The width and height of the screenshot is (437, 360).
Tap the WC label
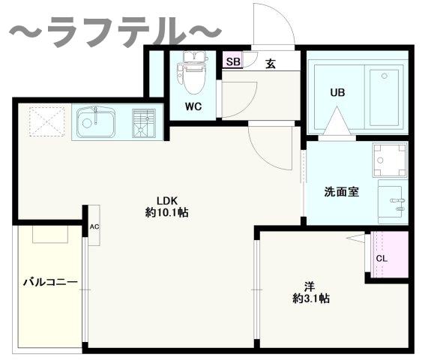click(193, 106)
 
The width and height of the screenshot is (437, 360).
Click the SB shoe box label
click(232, 62)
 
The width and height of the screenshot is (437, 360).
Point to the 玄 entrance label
click(271, 63)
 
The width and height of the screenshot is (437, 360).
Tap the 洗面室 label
click(341, 191)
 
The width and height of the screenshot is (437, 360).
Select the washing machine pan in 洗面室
click(390, 159)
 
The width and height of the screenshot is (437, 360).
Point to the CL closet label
click(382, 259)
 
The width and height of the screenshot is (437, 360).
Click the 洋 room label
click(310, 285)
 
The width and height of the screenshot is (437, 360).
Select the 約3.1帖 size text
click(310, 298)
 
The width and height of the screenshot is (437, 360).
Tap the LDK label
click(166, 199)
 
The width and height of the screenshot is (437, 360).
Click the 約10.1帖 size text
click(166, 212)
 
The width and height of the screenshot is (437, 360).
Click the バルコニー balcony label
click(50, 283)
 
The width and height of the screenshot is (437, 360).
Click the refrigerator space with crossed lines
click(47, 121)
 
